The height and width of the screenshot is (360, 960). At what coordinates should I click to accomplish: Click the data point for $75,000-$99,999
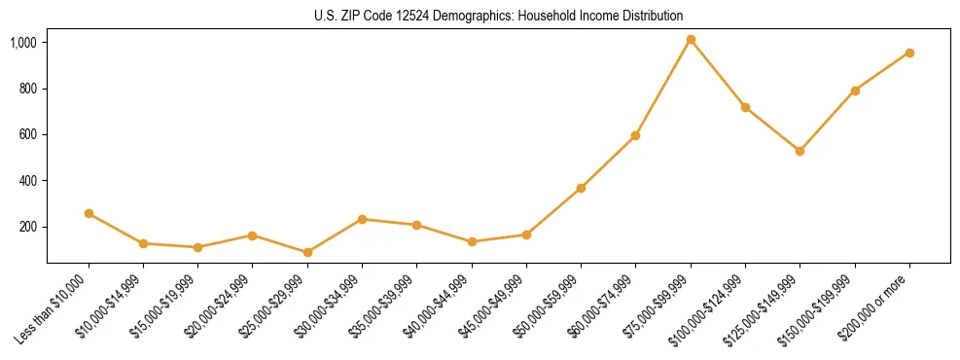(x=691, y=40)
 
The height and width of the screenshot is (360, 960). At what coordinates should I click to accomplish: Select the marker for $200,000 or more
(x=909, y=53)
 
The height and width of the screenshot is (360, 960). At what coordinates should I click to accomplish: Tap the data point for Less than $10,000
(x=89, y=213)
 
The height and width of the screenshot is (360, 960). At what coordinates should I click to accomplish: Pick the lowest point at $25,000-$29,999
(x=307, y=252)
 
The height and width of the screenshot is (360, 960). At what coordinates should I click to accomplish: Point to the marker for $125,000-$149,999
(x=800, y=151)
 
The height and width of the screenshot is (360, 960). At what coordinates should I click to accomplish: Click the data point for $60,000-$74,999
(x=635, y=135)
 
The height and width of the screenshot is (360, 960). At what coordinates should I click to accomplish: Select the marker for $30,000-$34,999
(x=362, y=219)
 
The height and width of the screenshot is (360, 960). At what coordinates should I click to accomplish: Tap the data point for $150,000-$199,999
(x=855, y=90)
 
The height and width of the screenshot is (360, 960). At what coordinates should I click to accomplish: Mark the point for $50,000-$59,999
(x=581, y=188)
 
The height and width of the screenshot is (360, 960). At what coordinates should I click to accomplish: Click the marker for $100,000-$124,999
(x=745, y=107)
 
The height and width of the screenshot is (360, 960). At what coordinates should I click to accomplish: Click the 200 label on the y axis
(x=27, y=227)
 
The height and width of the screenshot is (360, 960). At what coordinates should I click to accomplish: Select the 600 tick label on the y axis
(x=27, y=135)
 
